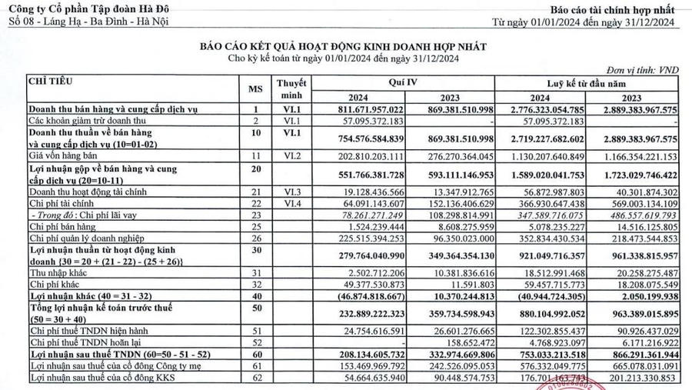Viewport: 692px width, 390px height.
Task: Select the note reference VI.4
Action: pos(290,203)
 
